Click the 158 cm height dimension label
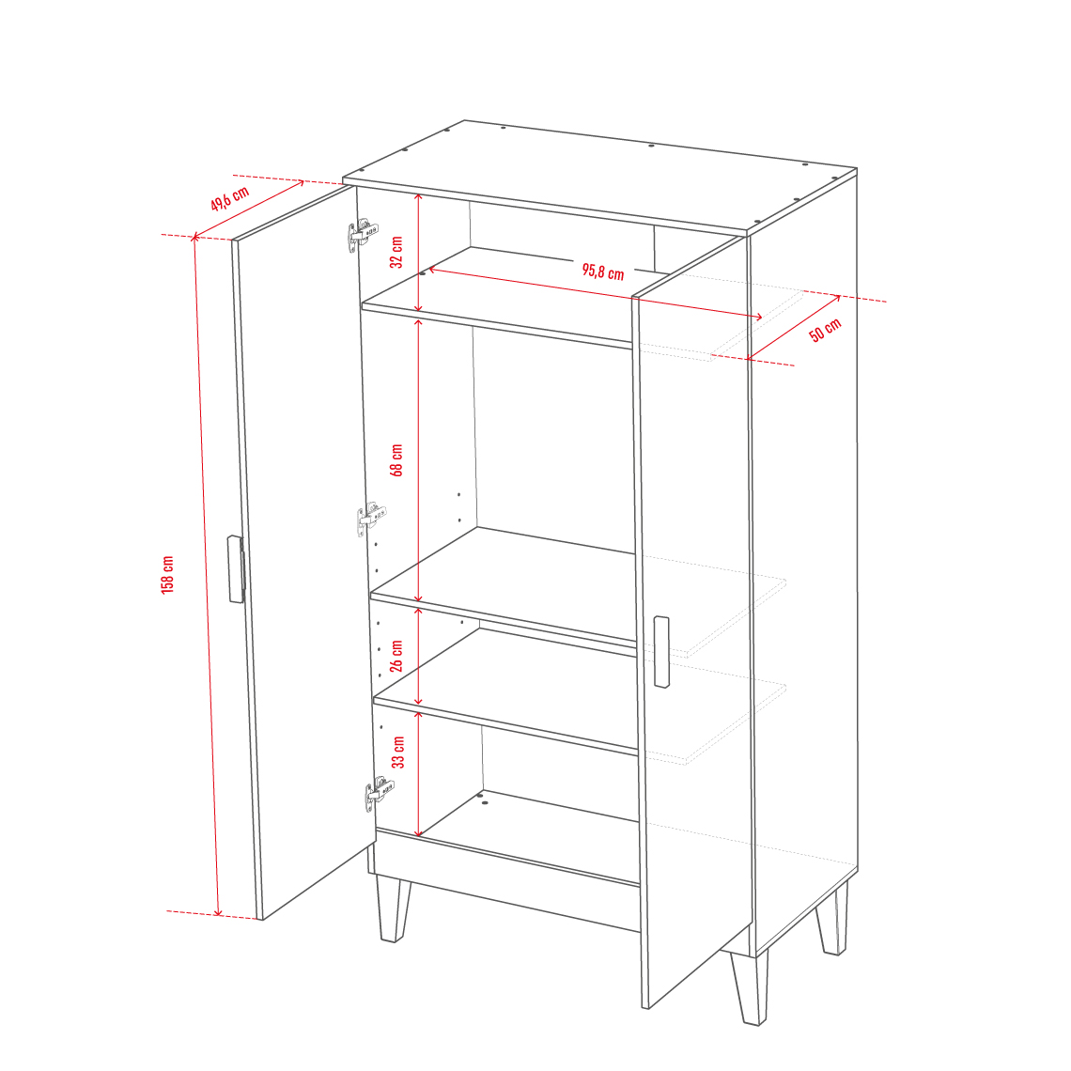click(168, 574)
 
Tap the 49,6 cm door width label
click(229, 198)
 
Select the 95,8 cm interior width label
click(603, 272)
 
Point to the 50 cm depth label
click(825, 330)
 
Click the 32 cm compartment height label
click(396, 252)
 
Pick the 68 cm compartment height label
click(396, 459)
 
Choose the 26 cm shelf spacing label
click(396, 656)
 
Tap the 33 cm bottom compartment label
click(398, 752)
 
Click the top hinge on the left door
click(362, 235)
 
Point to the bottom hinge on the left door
click(380, 794)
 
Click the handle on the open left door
click(236, 569)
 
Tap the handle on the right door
click(661, 652)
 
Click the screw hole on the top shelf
click(422, 273)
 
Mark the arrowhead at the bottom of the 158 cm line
click(218, 911)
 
